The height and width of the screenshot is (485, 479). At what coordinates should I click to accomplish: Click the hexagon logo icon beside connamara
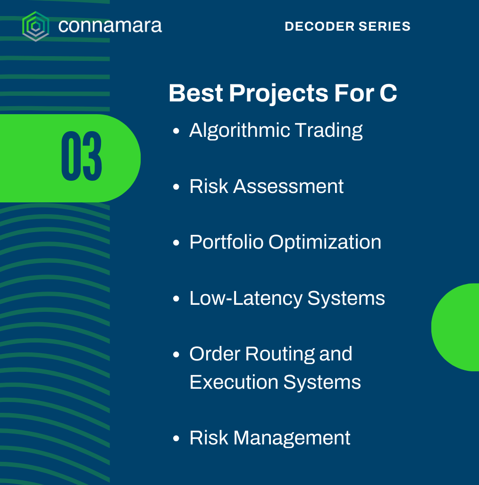(x=35, y=26)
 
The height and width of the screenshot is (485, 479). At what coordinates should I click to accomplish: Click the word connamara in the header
(x=110, y=26)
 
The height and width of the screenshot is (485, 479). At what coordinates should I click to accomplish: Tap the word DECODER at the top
(x=319, y=26)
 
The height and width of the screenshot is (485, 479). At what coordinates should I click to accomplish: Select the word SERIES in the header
(x=384, y=26)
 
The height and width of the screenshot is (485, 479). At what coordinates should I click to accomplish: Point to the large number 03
(x=81, y=156)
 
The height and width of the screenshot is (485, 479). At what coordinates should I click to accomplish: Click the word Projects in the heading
(x=278, y=94)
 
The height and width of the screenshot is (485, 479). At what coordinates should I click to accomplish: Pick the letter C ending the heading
(x=388, y=93)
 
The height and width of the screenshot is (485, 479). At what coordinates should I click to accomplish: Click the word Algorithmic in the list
(x=240, y=131)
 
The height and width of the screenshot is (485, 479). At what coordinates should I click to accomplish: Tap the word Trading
(x=328, y=131)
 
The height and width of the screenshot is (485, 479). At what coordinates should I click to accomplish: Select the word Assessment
(x=288, y=186)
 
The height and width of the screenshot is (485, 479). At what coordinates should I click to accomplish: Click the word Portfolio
(x=226, y=242)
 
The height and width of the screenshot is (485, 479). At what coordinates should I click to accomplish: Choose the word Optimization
(x=325, y=242)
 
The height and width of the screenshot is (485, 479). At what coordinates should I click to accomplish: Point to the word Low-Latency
(x=246, y=299)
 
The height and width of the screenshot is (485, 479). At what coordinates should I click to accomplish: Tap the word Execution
(x=234, y=382)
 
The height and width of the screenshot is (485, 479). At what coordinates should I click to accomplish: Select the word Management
(x=292, y=438)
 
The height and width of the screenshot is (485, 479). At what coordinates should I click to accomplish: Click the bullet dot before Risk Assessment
(x=176, y=187)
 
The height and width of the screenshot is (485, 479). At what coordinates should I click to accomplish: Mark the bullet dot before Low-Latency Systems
(x=176, y=299)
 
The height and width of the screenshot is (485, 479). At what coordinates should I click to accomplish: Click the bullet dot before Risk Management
(x=176, y=438)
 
